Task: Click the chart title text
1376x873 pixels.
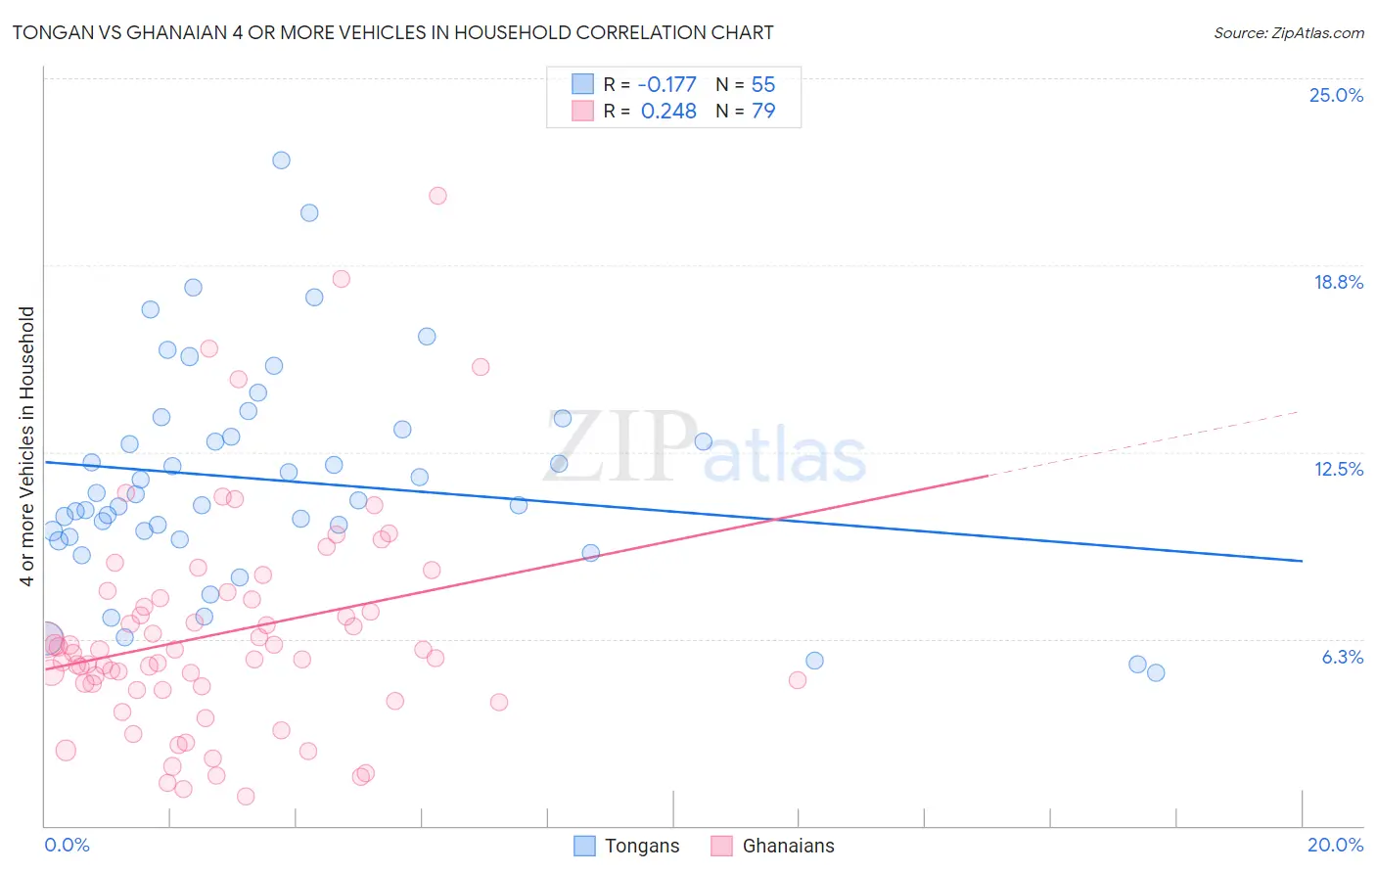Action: (x=392, y=32)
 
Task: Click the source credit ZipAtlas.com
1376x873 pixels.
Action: (x=1288, y=32)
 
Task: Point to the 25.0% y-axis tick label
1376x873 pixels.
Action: (x=1336, y=95)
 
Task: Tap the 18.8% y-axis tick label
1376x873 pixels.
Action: (x=1338, y=282)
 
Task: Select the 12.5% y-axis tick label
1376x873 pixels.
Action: (x=1338, y=469)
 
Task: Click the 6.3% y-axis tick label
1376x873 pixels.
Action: (x=1342, y=657)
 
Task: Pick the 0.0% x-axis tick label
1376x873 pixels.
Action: (x=67, y=845)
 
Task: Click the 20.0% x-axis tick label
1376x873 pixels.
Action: (x=1335, y=845)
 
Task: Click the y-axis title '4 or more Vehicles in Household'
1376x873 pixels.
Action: (x=27, y=446)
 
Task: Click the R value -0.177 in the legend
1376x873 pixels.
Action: (x=666, y=84)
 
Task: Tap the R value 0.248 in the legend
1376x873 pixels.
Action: (x=668, y=111)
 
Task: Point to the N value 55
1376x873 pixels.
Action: (x=763, y=84)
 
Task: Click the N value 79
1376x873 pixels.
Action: (x=763, y=111)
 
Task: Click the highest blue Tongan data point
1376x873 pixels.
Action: (x=281, y=160)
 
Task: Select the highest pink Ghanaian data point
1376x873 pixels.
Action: (x=437, y=196)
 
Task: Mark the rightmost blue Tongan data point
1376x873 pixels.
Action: (x=1156, y=672)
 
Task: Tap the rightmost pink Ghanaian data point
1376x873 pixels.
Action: (x=798, y=680)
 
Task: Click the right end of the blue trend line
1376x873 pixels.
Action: (x=1302, y=561)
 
